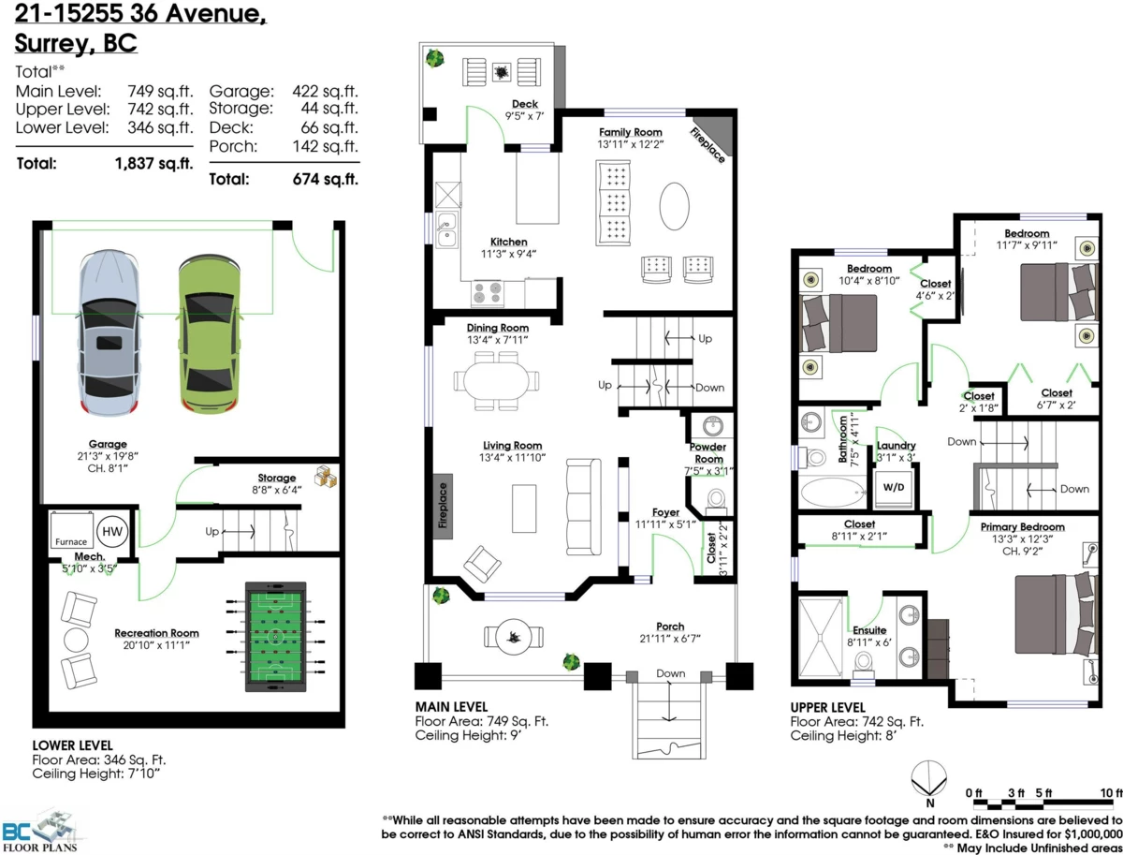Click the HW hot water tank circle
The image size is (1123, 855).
[x=112, y=531]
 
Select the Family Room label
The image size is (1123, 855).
[x=631, y=133]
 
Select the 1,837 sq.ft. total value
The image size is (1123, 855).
[x=153, y=164]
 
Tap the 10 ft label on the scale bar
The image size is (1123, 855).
[x=1110, y=793]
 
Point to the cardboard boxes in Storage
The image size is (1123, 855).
[x=324, y=478]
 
